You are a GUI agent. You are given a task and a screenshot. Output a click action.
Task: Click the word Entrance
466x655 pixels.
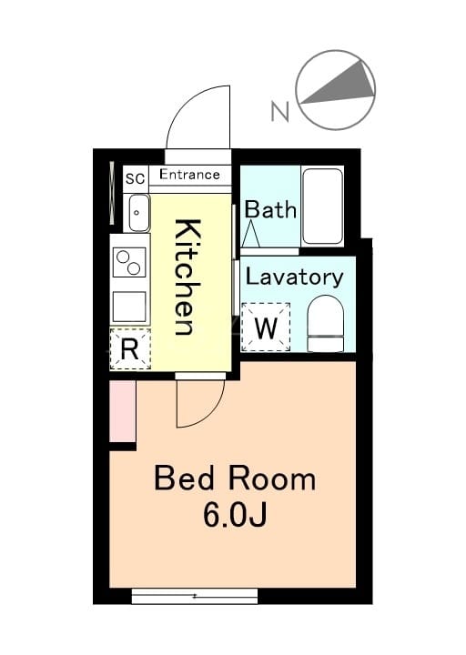tap(189, 174)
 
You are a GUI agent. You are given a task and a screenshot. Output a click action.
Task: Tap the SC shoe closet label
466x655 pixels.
tap(136, 179)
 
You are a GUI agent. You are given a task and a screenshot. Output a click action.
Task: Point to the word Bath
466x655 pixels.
tap(270, 210)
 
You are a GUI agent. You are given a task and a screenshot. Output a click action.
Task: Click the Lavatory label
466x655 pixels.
tap(294, 277)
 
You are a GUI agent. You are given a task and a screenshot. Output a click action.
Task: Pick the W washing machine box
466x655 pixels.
tap(266, 327)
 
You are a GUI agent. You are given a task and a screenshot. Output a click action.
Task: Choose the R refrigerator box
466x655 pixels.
tap(130, 349)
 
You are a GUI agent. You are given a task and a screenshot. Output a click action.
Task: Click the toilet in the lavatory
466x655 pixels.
tap(326, 324)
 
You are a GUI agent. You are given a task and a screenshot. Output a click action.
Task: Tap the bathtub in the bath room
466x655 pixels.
tap(322, 206)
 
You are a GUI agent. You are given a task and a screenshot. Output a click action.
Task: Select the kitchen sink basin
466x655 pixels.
tap(139, 213)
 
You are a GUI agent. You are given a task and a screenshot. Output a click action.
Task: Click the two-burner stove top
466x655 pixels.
tap(129, 262)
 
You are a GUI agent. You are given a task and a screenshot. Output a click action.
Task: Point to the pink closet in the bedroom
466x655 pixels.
tap(123, 411)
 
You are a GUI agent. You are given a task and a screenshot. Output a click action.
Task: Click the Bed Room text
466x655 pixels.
tap(235, 479)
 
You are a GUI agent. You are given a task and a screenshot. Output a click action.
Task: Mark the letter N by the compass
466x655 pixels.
tap(280, 112)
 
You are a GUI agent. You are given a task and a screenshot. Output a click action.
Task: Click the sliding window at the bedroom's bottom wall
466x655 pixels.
tap(195, 596)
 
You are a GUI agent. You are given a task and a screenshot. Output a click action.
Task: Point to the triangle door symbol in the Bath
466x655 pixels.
tap(251, 235)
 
